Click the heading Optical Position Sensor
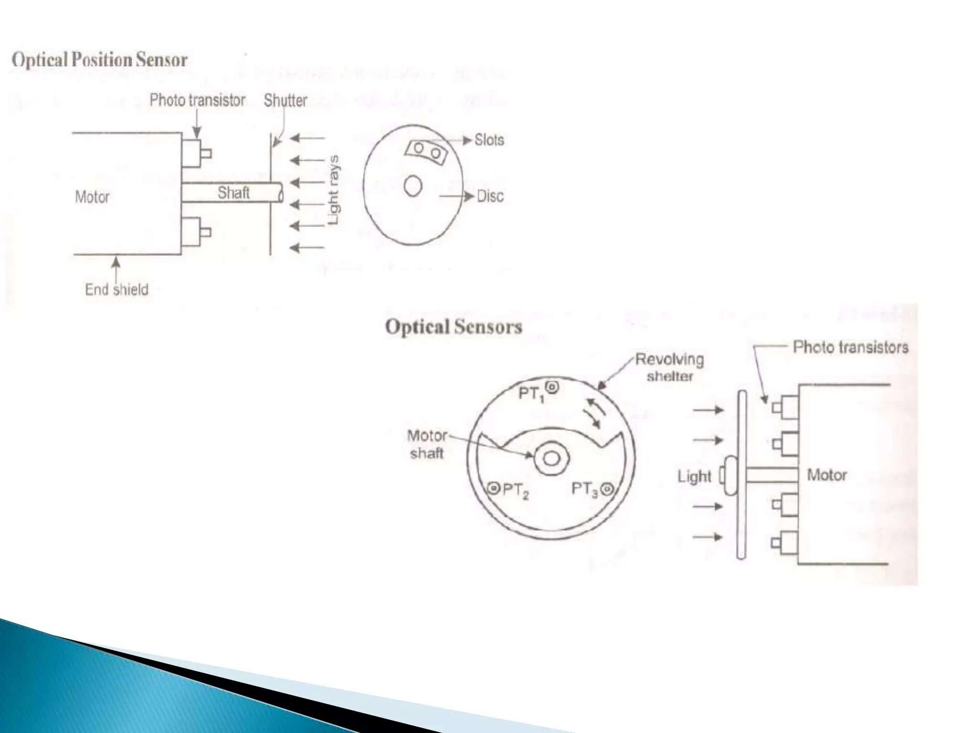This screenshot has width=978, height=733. click(99, 61)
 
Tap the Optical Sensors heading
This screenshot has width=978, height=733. click(453, 327)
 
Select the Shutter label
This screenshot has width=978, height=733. click(285, 101)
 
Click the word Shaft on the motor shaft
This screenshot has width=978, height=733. click(234, 193)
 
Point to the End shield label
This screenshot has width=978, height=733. click(117, 290)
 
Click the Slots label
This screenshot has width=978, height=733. click(489, 140)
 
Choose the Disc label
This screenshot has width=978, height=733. click(490, 196)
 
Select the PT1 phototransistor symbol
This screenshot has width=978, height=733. click(552, 387)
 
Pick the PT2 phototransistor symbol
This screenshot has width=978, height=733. click(494, 488)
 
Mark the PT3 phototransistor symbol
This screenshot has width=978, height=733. click(607, 489)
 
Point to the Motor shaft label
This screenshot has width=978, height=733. click(427, 444)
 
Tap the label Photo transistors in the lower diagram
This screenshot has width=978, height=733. click(850, 347)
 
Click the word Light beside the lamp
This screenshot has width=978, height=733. click(694, 476)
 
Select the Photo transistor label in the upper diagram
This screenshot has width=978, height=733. click(197, 101)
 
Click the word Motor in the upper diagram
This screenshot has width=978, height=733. click(92, 197)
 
